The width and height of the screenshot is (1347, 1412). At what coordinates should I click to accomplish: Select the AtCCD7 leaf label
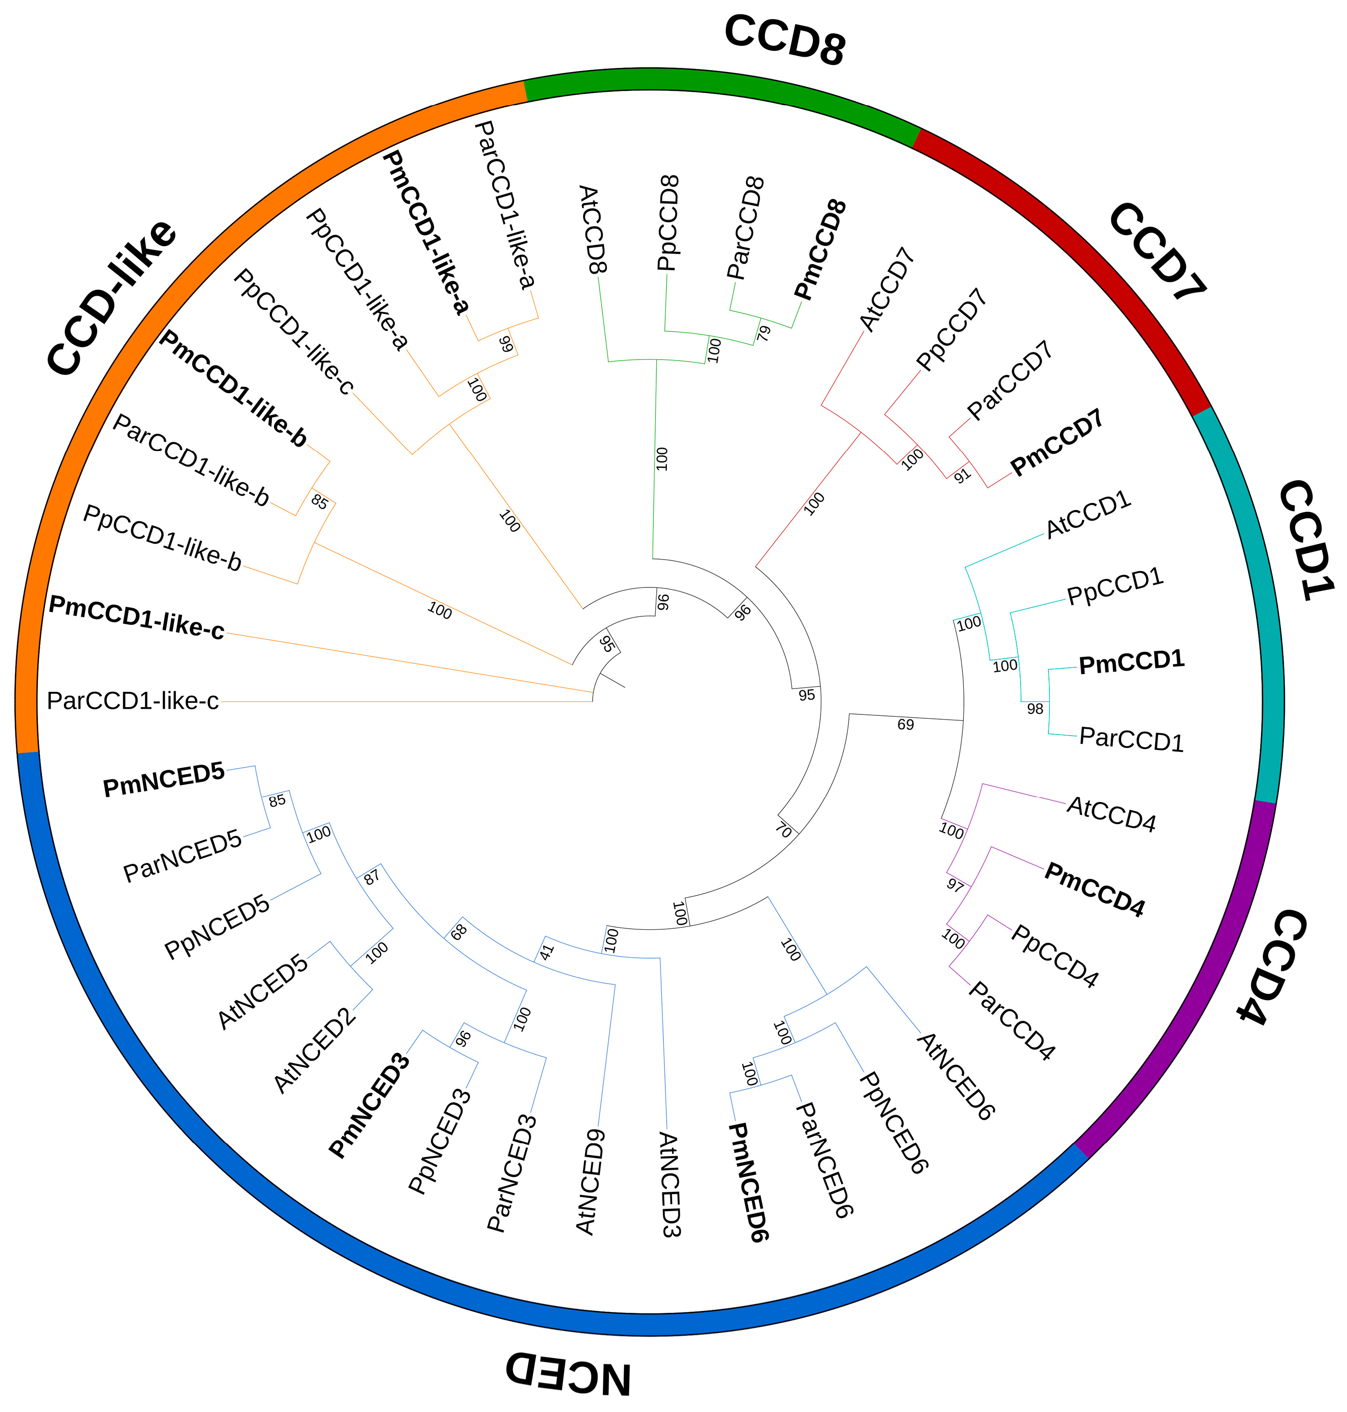[887, 289]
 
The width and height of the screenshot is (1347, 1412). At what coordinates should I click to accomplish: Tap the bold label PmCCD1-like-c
[137, 617]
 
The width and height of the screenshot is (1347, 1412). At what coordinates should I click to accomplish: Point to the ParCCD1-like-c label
[133, 700]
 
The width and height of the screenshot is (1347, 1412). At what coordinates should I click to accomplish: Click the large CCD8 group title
[785, 40]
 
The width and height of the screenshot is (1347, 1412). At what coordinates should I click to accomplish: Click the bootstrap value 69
[905, 725]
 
